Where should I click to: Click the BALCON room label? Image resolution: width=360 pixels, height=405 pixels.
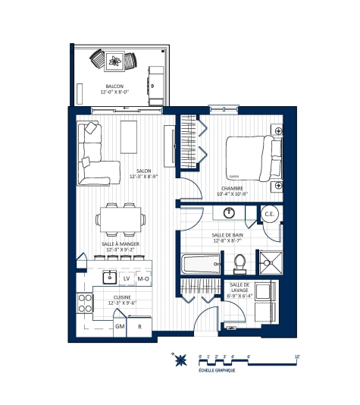115,86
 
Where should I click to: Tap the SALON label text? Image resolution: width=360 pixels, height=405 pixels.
144,171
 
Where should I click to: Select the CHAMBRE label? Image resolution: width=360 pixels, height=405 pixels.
232,189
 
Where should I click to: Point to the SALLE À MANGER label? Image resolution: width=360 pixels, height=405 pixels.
120,243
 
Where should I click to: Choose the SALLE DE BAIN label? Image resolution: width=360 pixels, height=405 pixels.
227,236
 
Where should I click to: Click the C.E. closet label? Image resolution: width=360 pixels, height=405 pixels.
268,214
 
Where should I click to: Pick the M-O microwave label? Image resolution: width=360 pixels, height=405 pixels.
142,278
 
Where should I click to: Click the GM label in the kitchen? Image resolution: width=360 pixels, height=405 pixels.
120,326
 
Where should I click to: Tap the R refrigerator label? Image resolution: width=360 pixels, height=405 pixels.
139,326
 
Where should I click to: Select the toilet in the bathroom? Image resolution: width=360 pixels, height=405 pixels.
241,262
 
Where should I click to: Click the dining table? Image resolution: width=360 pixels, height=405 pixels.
120,220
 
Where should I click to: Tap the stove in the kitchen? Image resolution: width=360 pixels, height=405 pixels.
83,304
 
